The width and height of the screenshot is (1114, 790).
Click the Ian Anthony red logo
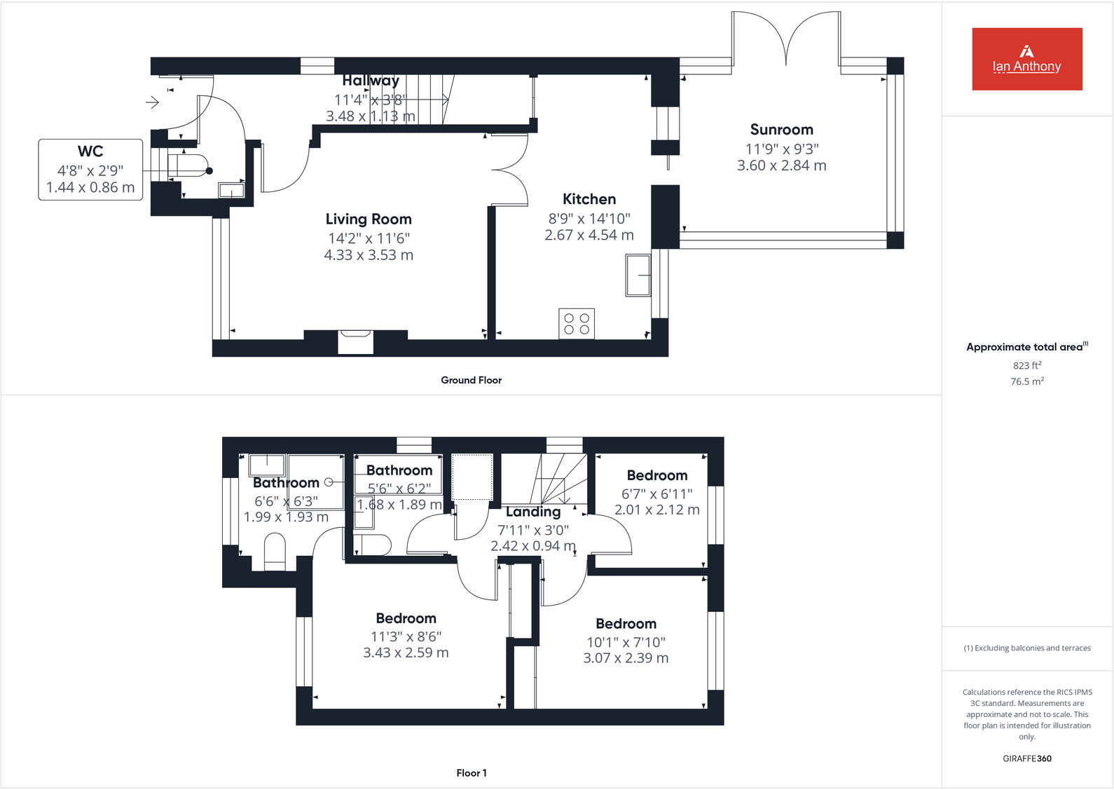tap(1026, 59)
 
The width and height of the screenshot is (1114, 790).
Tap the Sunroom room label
tap(781, 130)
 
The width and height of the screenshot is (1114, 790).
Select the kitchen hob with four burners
tap(577, 324)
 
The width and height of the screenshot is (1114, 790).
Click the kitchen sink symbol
tap(638, 275)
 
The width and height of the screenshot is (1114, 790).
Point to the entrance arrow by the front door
tap(152, 103)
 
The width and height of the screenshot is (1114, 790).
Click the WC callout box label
tap(90, 151)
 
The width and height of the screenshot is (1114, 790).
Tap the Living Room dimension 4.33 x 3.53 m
tap(369, 255)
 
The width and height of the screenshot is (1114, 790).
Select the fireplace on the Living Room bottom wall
tap(355, 341)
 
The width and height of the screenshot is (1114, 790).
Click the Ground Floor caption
tap(471, 380)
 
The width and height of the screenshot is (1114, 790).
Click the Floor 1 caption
tap(471, 772)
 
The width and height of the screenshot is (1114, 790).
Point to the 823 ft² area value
tap(1026, 365)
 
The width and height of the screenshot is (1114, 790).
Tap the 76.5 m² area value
tap(1026, 381)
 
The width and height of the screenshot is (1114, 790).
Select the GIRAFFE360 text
tap(1026, 758)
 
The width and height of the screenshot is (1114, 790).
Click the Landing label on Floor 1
tap(532, 512)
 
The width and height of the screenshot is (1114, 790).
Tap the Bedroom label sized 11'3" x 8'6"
tap(406, 618)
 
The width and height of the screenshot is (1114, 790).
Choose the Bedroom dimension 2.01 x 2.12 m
tap(656, 510)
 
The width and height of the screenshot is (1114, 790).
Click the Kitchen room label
tap(589, 199)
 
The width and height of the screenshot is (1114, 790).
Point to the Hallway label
tap(370, 81)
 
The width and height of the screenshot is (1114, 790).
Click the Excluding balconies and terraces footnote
tap(1026, 648)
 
